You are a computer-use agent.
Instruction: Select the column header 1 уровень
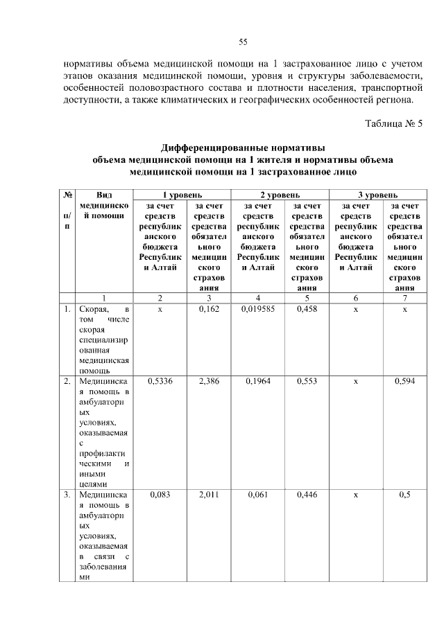pyautogui.click(x=183, y=195)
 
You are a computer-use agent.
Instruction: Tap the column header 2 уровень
pyautogui.click(x=280, y=195)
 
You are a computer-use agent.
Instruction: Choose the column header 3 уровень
pyautogui.click(x=378, y=195)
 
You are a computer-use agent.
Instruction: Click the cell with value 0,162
pyautogui.click(x=209, y=310)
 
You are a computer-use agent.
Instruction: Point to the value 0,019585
pyautogui.click(x=258, y=310)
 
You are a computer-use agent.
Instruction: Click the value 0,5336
pyautogui.click(x=160, y=381)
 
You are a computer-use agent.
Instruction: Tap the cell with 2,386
pyautogui.click(x=209, y=381)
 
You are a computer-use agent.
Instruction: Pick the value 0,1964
pyautogui.click(x=258, y=381)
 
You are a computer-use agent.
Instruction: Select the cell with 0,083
pyautogui.click(x=160, y=495)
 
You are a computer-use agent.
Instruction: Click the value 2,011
pyautogui.click(x=209, y=495)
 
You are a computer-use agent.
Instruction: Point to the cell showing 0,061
pyautogui.click(x=258, y=495)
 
